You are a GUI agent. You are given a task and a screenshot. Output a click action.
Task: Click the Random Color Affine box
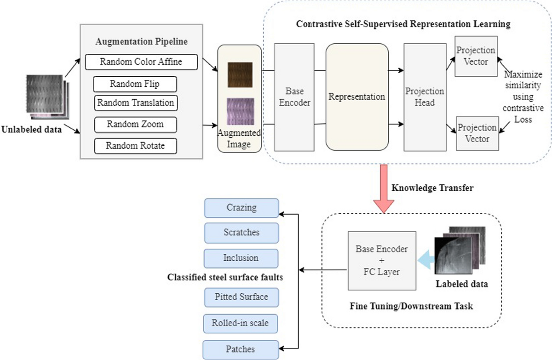(x=142, y=62)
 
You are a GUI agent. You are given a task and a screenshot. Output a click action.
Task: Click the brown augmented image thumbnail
(x=240, y=74)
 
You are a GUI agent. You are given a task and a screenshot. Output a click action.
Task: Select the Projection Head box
(x=425, y=97)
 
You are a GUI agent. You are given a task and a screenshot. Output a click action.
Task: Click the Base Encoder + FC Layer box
(x=381, y=261)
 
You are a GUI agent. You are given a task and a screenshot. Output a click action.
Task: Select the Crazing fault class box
(x=241, y=208)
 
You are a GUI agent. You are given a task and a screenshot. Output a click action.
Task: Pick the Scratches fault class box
(x=241, y=233)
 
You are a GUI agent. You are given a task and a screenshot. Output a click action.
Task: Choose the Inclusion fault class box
(x=241, y=258)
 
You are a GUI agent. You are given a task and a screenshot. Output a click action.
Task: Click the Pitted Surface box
(x=241, y=297)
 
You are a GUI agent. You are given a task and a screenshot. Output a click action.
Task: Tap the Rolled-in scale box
(x=241, y=324)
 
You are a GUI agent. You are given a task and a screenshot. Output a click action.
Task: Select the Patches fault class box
(x=241, y=349)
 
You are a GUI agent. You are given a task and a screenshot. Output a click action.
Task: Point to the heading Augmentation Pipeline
(x=142, y=40)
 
